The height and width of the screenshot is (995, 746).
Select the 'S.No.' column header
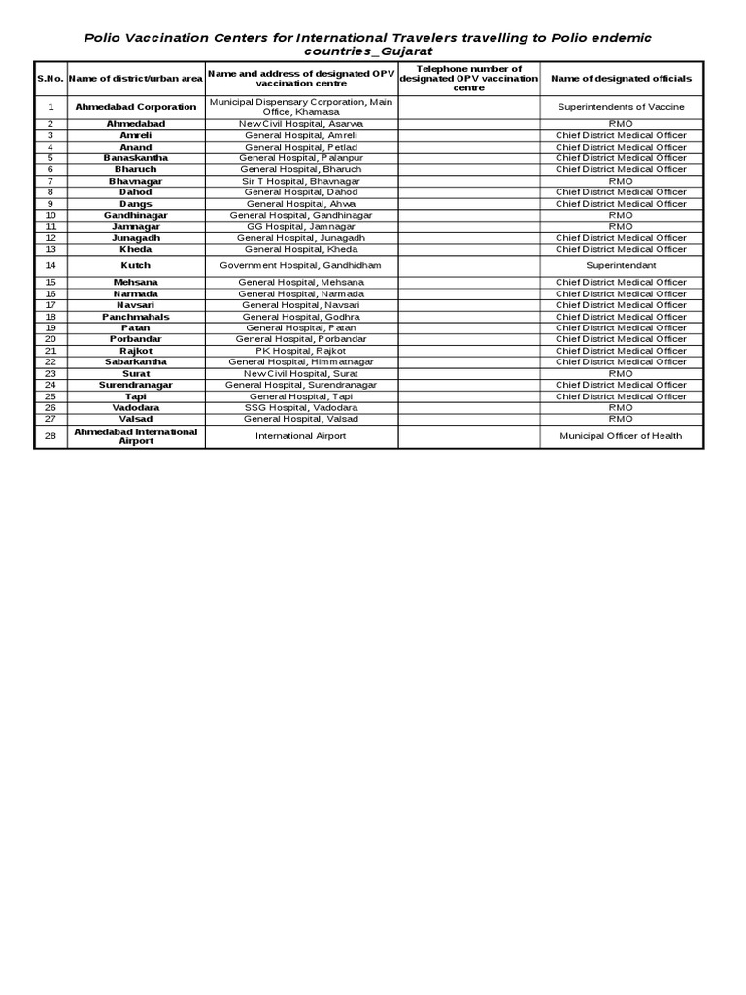point(50,78)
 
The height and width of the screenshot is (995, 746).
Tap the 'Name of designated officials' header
point(621,78)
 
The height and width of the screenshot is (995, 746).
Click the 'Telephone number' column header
point(468,78)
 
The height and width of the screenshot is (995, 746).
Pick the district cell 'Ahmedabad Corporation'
point(136,107)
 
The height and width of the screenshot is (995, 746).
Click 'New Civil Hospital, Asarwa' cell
point(301,124)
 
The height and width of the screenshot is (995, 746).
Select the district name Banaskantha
point(136,158)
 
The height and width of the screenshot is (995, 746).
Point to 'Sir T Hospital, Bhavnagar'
point(301,181)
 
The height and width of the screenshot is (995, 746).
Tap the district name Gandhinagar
point(136,215)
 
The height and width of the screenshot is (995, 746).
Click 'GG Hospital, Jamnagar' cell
point(301,226)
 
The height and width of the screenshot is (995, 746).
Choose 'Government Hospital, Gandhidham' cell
point(301,265)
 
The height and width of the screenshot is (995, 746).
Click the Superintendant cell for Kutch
point(621,265)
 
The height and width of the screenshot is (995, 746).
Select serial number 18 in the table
point(51,317)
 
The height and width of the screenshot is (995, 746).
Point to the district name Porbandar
point(136,339)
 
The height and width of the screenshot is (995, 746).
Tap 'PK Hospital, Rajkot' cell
point(301,351)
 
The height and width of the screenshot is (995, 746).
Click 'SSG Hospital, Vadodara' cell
point(301,408)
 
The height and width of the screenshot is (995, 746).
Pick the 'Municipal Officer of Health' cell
point(621,436)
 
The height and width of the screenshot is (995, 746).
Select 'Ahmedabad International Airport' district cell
point(136,436)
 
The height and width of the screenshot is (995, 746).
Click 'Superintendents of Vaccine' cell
point(621,107)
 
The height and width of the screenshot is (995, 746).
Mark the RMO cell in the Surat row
point(621,374)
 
